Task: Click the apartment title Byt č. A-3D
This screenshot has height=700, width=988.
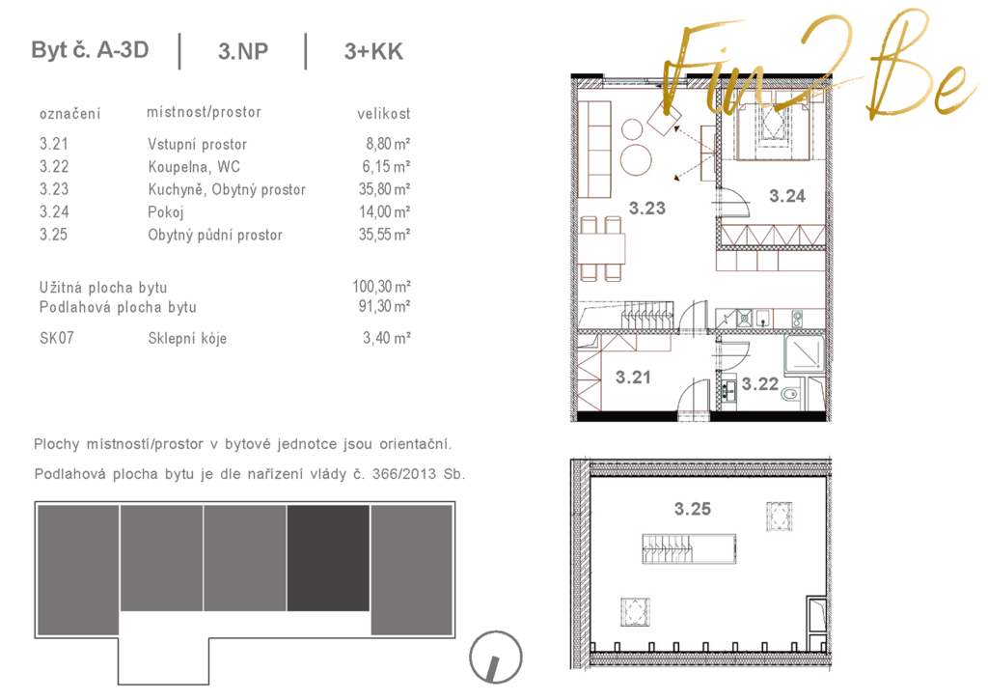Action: [x=90, y=50]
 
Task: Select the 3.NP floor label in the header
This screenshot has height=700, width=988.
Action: [x=243, y=51]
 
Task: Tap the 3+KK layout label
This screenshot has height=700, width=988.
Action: [x=373, y=51]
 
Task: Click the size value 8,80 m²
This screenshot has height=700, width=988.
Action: [x=388, y=144]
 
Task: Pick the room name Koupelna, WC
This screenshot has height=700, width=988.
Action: [x=194, y=166]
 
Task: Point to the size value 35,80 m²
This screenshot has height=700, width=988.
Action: [x=384, y=189]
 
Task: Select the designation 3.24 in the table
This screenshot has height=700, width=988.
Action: [x=54, y=211]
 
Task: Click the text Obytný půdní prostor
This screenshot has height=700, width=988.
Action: [x=215, y=235]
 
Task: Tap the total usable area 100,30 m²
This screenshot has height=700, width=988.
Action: [x=381, y=287]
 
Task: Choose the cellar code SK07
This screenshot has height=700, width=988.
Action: [x=57, y=338]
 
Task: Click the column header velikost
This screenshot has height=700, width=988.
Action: [x=384, y=114]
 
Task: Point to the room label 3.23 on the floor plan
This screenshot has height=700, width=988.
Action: [x=647, y=209]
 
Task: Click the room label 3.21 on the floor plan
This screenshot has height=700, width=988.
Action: [x=633, y=378]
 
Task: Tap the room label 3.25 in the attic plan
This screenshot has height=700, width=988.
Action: [x=693, y=508]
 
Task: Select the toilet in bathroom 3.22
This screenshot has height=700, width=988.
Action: [x=790, y=394]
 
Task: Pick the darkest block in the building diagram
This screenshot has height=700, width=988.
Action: [x=328, y=558]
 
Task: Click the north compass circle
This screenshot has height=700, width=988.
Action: [x=496, y=658]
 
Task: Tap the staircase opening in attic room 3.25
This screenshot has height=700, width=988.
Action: [x=689, y=548]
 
